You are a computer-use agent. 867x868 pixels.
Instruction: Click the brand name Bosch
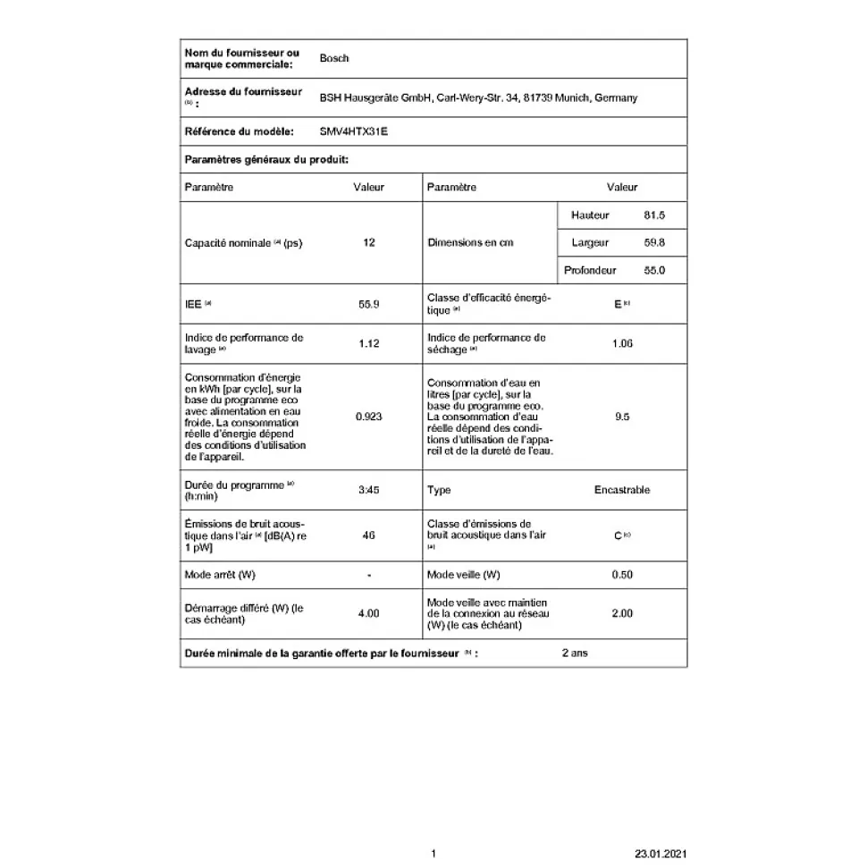click(333, 58)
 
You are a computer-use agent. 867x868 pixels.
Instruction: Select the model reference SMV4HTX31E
click(354, 131)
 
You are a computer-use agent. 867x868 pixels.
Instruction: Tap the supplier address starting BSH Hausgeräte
click(478, 98)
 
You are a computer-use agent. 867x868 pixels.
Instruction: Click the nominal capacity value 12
click(369, 242)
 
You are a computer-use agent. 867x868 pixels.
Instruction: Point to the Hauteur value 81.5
click(654, 215)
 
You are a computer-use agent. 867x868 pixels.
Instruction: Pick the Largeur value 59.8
click(654, 242)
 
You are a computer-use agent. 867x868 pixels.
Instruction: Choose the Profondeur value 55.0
click(654, 270)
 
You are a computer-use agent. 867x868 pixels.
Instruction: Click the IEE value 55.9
click(369, 304)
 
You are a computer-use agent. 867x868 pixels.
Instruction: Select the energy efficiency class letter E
click(617, 304)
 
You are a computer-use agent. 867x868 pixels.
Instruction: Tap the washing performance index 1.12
click(369, 343)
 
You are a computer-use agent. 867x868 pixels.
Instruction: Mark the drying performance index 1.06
click(622, 343)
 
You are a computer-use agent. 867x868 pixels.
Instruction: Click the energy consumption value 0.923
click(369, 417)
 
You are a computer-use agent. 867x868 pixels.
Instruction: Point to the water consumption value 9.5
click(622, 417)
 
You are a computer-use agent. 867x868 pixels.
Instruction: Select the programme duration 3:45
click(369, 490)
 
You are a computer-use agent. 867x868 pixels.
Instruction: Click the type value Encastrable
click(622, 490)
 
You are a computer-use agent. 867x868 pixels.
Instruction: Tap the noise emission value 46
click(369, 535)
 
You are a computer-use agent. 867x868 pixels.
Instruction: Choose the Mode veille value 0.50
click(622, 574)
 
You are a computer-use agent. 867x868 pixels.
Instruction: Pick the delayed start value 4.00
click(369, 613)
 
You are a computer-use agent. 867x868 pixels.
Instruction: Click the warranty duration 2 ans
click(575, 653)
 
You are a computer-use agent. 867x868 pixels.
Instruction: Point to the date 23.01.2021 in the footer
click(661, 854)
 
